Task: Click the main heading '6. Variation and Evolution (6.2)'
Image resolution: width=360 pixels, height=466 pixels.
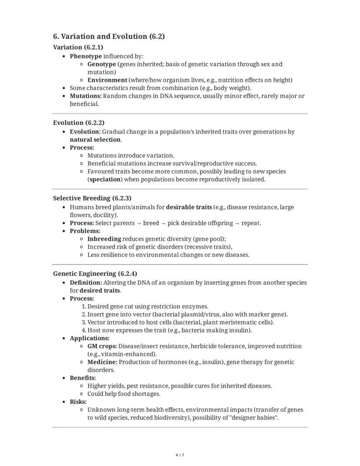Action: tap(109, 37)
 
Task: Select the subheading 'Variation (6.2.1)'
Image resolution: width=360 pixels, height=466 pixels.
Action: tap(78, 47)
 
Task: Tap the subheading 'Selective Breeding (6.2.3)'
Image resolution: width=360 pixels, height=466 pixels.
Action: tap(92, 198)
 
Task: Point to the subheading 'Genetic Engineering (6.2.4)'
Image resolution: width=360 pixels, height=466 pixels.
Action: tap(95, 274)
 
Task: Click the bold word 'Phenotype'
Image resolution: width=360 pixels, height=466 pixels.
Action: tap(86, 56)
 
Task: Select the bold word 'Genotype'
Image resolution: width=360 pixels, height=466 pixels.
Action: tap(101, 64)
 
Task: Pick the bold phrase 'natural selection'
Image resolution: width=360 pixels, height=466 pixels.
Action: tap(95, 140)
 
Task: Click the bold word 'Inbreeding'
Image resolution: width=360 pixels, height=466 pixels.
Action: tap(104, 239)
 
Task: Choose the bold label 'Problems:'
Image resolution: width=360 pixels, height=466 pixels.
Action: tap(85, 231)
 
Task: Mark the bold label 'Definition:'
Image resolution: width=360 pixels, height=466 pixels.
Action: tap(86, 282)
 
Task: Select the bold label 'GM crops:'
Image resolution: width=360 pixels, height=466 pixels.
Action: tap(102, 346)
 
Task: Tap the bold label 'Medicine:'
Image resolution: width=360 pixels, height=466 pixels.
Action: tap(102, 362)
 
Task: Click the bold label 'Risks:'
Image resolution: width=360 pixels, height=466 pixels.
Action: tap(78, 402)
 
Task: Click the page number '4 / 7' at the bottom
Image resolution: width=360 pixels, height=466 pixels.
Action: tap(180, 455)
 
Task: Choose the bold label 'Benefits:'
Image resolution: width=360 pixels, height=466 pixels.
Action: tap(83, 378)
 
